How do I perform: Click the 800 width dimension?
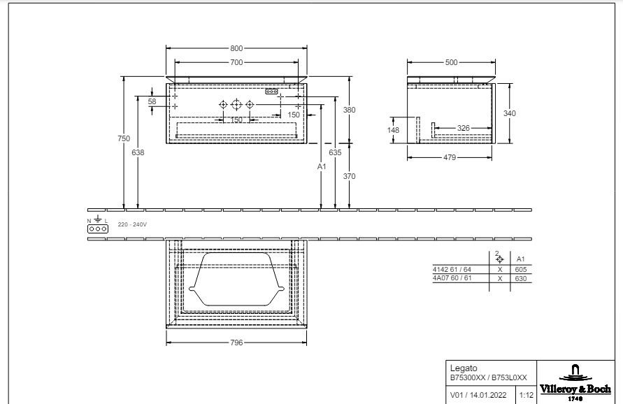[236, 48]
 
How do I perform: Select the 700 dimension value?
[236, 62]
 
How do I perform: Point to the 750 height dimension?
[123, 138]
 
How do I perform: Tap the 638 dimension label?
[138, 152]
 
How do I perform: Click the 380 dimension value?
[350, 110]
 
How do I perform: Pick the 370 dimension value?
[350, 176]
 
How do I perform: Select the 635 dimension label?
[335, 152]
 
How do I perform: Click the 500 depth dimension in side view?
[451, 62]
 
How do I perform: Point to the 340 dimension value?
[510, 113]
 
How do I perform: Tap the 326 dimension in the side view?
[464, 128]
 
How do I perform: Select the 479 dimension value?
[449, 157]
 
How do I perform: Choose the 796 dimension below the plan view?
[236, 342]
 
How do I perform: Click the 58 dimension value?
[152, 101]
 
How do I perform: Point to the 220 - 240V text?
[132, 224]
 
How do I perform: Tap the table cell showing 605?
[520, 269]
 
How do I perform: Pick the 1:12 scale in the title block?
[526, 395]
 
